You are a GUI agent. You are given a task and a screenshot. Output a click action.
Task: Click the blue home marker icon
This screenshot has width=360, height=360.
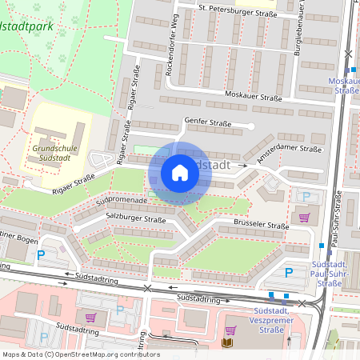coord(180,173)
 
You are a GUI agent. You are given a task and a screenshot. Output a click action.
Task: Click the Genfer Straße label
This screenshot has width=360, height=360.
coord(208,123)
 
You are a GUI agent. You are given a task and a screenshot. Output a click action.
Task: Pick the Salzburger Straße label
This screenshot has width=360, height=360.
coord(136,219)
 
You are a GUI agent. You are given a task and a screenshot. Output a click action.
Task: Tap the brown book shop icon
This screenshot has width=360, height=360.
coord(226,343)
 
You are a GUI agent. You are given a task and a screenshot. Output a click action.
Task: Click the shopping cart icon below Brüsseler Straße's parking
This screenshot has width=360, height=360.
coord(303,218)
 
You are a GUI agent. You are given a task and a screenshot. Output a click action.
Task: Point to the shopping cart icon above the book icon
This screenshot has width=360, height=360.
coord(230,330)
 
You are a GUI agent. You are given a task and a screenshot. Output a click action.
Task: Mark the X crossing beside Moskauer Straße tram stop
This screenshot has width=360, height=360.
coord(347,54)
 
